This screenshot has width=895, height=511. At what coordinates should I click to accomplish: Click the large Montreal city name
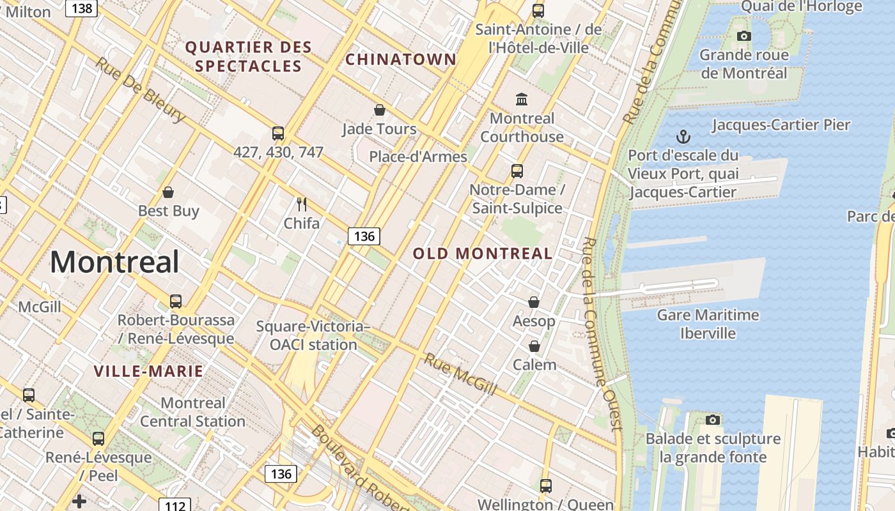pos(114,262)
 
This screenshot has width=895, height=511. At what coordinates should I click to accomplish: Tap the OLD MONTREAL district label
pos(483,254)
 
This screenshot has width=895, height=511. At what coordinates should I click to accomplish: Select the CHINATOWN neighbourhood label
pos(401,60)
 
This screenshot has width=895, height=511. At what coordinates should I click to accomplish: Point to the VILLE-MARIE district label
pos(148,371)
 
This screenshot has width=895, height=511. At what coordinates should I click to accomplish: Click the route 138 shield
pos(81,8)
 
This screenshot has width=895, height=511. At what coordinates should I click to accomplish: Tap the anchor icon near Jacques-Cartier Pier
pos(683,137)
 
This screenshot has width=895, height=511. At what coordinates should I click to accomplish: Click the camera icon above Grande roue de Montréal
pos(743,36)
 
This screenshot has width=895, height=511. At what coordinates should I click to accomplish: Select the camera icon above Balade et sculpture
pos(713,420)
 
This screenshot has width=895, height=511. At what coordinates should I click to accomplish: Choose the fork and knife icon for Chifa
pos(302,204)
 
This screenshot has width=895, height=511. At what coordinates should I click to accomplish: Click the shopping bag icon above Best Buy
pos(168,192)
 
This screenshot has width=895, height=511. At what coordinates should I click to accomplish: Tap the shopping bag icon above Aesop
pos(534,302)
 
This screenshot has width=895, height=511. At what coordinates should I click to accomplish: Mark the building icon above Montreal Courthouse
pos(522,99)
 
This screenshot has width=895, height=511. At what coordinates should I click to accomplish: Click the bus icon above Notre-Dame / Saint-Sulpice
pos(517,171)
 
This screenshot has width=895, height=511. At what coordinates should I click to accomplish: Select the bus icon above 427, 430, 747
pos(278,133)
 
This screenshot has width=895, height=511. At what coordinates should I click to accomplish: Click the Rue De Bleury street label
pos(141,90)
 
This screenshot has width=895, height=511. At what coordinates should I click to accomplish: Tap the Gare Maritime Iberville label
pos(708,324)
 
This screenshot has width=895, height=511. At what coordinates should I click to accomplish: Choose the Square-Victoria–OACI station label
pos(313,335)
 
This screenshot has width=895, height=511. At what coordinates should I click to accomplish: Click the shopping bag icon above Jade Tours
pos(380,110)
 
